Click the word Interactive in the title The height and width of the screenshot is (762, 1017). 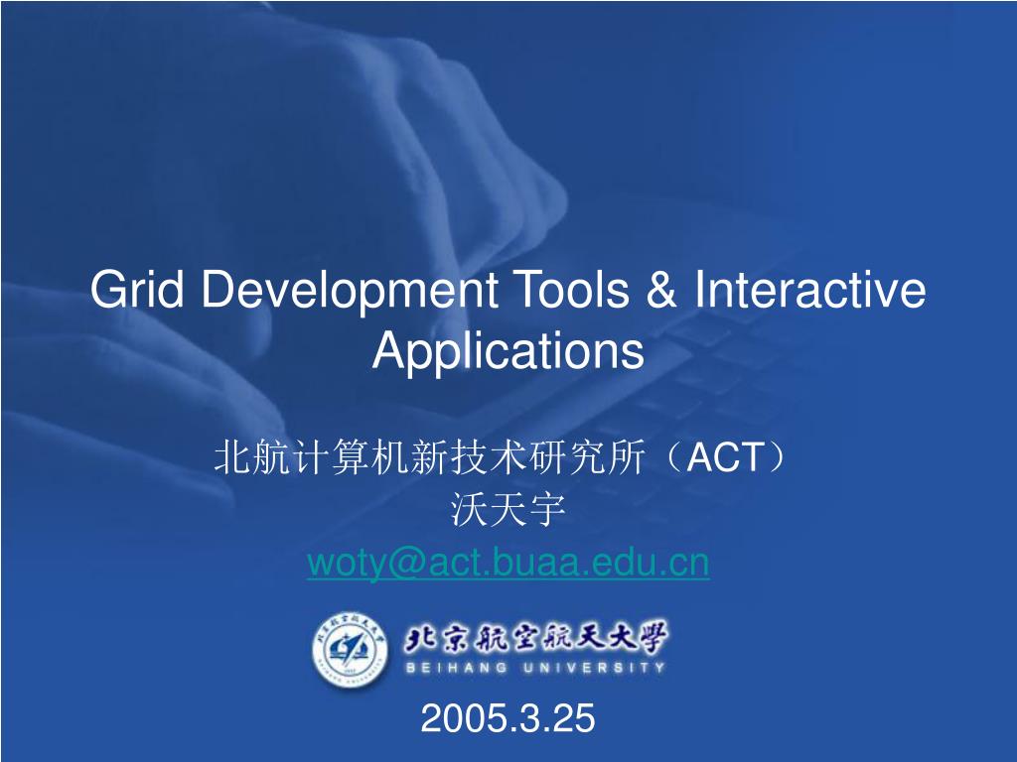click(810, 291)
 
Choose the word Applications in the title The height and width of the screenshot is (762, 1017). click(508, 350)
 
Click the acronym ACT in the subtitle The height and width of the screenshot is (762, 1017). click(726, 458)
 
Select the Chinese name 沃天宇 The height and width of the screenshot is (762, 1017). click(508, 510)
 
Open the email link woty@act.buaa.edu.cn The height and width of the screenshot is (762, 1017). click(508, 563)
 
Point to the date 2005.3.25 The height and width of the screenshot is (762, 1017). click(508, 717)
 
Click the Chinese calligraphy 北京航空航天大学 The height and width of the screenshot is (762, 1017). click(535, 637)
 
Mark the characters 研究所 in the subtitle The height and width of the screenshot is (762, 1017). click(593, 458)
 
